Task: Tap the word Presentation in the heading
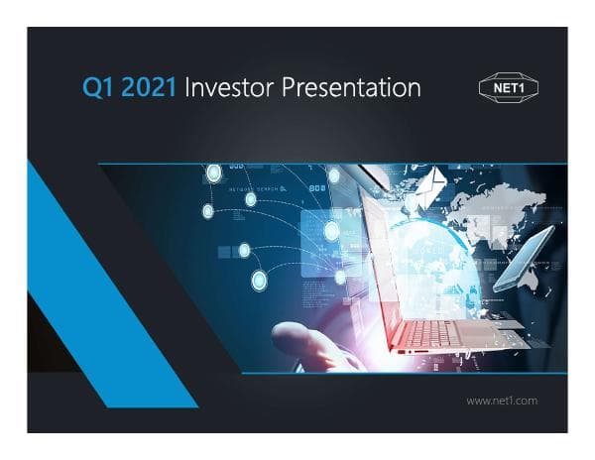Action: point(352,88)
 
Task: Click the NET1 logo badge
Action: point(507,87)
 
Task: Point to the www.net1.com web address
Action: point(501,401)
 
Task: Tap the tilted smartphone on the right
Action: point(523,259)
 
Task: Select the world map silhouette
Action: point(496,213)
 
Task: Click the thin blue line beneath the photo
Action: point(397,374)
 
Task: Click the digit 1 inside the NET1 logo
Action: point(523,87)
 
